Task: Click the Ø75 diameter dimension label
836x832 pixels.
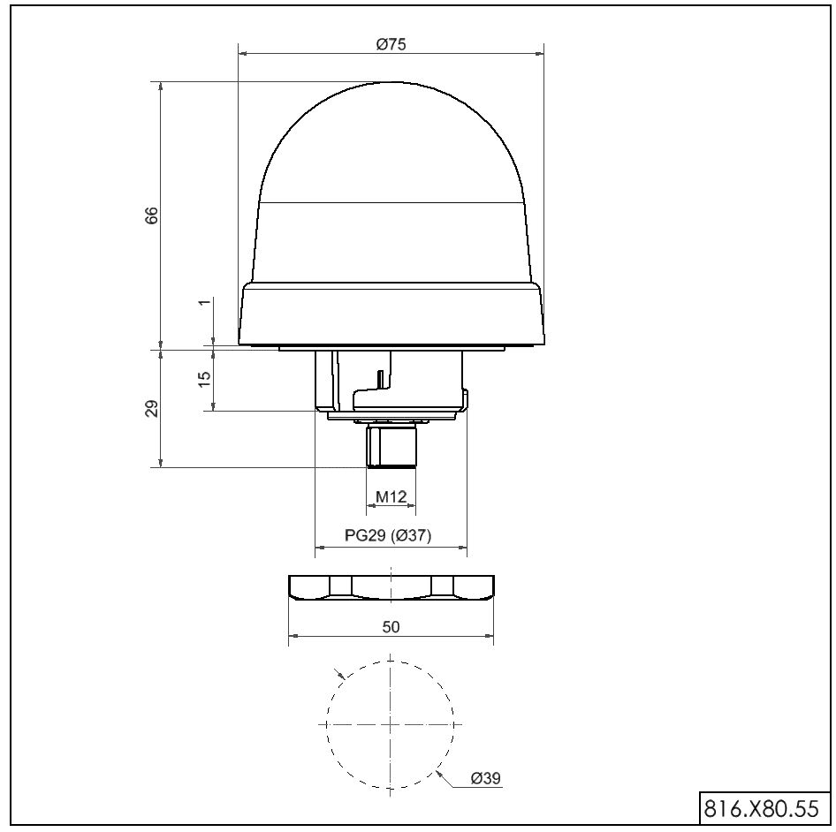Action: [x=391, y=44]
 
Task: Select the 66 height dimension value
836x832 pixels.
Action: [x=152, y=215]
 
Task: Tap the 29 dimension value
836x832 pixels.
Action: [x=152, y=408]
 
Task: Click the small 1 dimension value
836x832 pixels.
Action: [x=204, y=302]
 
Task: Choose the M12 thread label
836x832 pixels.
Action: [x=391, y=496]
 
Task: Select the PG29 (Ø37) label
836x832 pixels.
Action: [x=388, y=534]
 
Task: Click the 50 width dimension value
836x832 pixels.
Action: [x=391, y=627]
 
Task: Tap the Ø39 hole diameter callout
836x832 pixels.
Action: [x=486, y=778]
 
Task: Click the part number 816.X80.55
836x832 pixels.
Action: [x=762, y=808]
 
